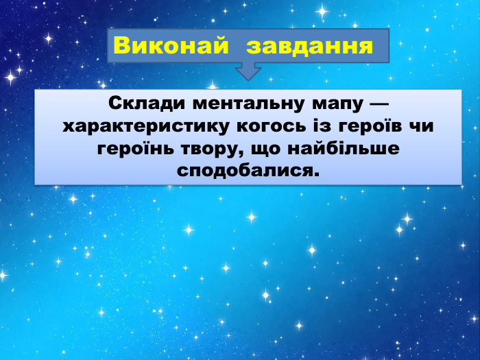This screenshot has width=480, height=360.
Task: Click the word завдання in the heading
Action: coord(310,46)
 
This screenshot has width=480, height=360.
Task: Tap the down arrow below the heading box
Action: coord(248,71)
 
